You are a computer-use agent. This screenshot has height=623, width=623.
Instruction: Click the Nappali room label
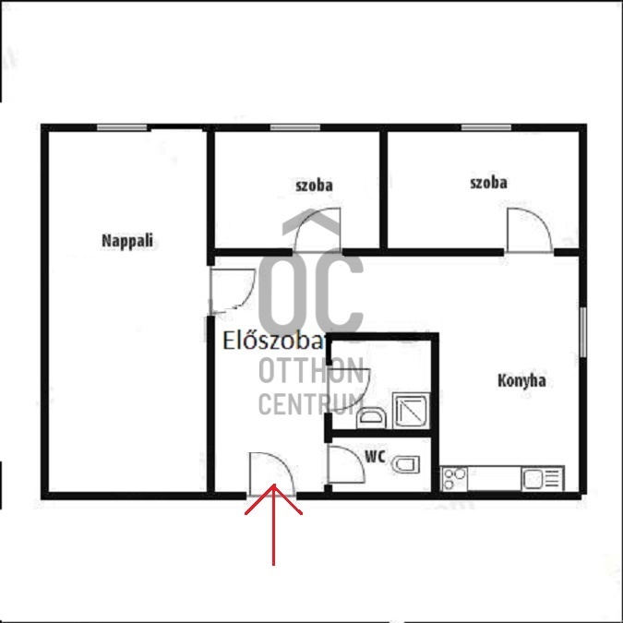[127, 241]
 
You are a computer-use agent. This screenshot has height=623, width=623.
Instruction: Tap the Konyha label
[521, 380]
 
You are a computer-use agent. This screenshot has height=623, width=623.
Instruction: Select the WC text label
[375, 457]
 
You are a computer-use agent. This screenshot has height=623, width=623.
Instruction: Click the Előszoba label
[274, 341]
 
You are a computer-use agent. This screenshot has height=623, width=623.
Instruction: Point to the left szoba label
[314, 186]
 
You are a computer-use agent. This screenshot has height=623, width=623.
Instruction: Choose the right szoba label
[488, 183]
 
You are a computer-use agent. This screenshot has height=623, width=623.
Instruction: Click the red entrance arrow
[273, 524]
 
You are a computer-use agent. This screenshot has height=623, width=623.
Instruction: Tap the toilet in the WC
[406, 464]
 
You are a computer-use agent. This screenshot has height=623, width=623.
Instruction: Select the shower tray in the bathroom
[412, 411]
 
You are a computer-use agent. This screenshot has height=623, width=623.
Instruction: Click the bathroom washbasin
[371, 417]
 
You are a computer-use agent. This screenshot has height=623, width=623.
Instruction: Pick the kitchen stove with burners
[454, 479]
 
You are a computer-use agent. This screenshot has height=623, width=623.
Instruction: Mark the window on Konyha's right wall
[583, 332]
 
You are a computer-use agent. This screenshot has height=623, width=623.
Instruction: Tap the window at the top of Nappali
[122, 127]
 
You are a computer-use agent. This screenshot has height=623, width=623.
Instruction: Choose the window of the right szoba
[485, 127]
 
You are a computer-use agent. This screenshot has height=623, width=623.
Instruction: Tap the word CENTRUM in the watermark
[311, 403]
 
